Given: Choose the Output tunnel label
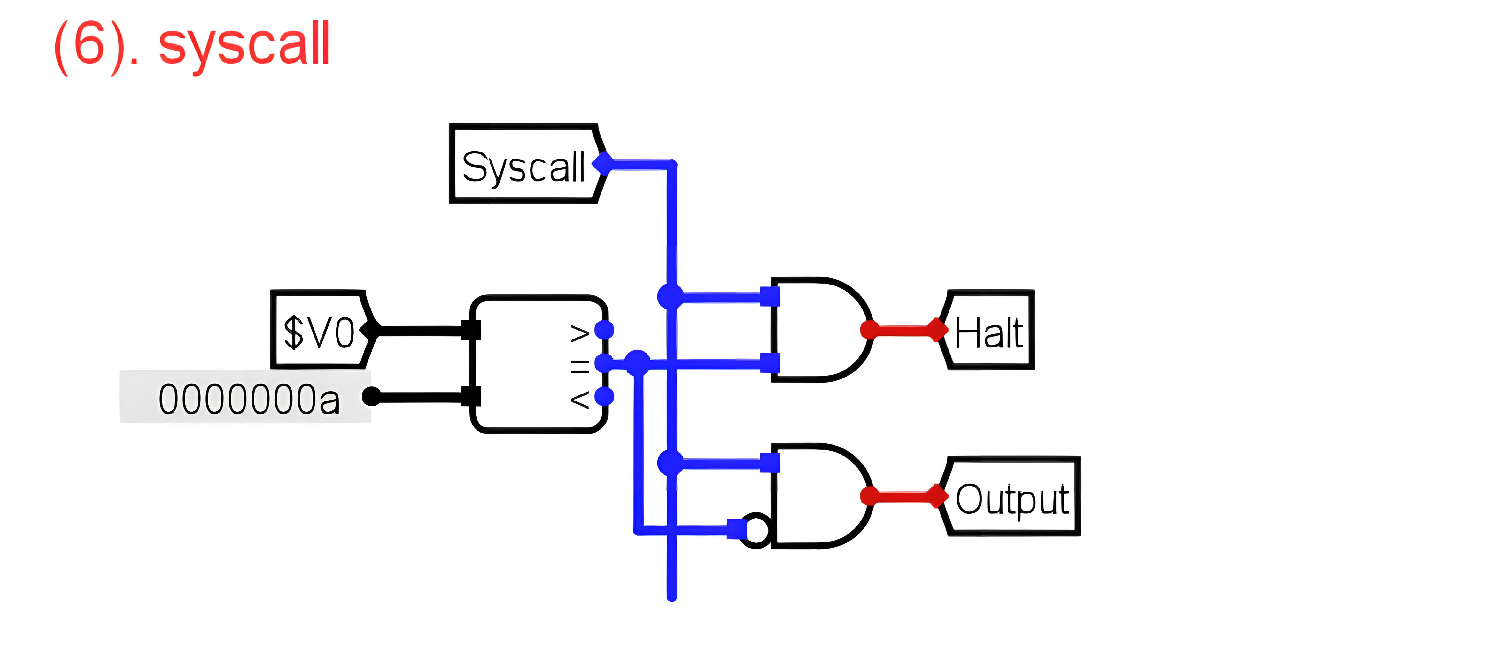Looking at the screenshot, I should (1012, 497).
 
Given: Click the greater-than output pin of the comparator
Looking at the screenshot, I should (604, 330).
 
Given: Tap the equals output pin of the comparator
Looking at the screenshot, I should (604, 363).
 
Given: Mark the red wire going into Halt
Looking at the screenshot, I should (903, 330).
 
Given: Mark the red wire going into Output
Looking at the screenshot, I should (903, 496).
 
